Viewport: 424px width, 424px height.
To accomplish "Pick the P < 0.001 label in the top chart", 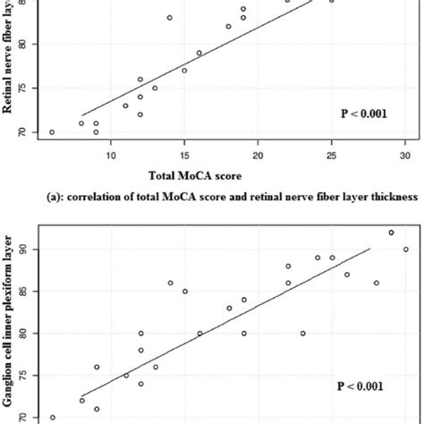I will tap(363, 114).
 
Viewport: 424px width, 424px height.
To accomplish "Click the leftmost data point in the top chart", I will tap(52, 132).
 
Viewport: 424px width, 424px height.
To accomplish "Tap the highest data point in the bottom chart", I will tap(391, 233).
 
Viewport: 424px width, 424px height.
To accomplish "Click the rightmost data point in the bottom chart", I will tap(405, 250).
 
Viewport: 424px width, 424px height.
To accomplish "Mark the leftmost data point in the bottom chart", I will tap(52, 418).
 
